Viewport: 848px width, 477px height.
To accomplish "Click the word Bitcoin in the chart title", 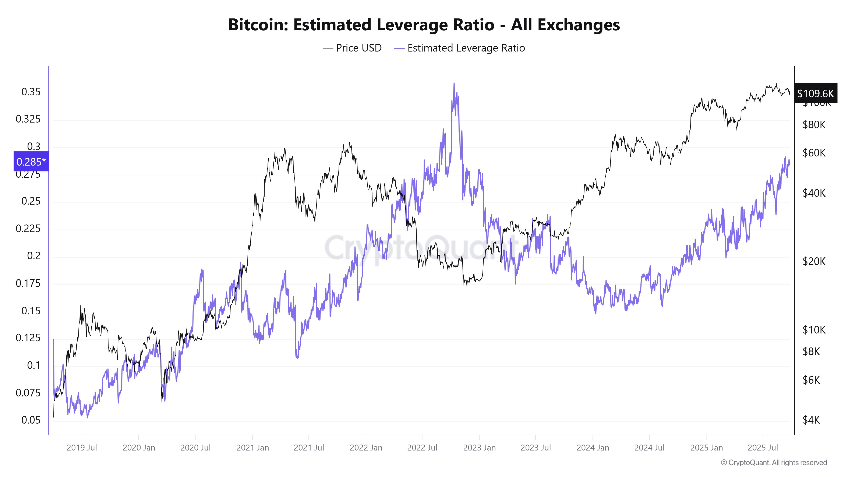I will pyautogui.click(x=258, y=25).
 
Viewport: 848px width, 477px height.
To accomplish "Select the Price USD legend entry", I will pyautogui.click(x=352, y=48).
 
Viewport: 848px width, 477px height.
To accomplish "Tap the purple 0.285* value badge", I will pyautogui.click(x=31, y=162).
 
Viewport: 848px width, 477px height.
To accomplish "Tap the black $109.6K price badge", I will pyautogui.click(x=815, y=93).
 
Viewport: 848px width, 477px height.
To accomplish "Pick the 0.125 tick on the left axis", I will pyautogui.click(x=28, y=338).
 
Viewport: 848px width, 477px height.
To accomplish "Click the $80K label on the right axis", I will pyautogui.click(x=814, y=124).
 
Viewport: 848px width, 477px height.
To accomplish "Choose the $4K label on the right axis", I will pyautogui.click(x=811, y=420).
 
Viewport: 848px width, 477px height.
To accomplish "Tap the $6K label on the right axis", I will pyautogui.click(x=811, y=380).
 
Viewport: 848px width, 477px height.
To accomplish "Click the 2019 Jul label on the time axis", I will pyautogui.click(x=82, y=448).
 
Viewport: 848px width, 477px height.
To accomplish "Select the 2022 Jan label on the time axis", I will pyautogui.click(x=366, y=448).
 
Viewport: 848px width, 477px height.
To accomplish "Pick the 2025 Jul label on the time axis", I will pyautogui.click(x=763, y=448).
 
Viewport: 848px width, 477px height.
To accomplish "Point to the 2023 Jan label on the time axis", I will pyautogui.click(x=479, y=448).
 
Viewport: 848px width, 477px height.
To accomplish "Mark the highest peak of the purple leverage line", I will pyautogui.click(x=454, y=83).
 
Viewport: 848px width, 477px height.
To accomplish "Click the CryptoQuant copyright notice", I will pyautogui.click(x=774, y=463).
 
